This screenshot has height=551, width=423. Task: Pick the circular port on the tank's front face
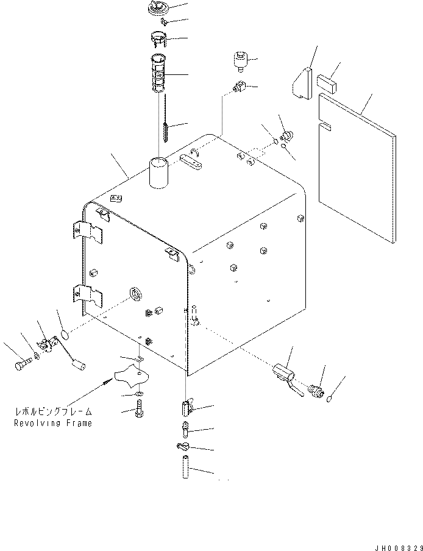pos(135,294)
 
